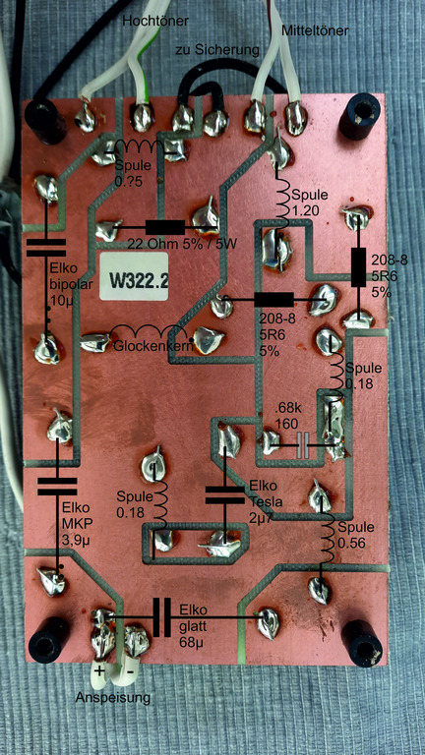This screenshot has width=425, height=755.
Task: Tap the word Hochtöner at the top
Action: point(154,21)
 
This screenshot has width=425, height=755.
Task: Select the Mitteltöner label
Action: point(314,31)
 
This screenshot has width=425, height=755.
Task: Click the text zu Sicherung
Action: point(217,49)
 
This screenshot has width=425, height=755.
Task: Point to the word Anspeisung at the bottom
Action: point(112,697)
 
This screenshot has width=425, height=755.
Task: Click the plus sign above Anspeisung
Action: point(98,670)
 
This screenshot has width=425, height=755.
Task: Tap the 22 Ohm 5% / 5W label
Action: point(182,244)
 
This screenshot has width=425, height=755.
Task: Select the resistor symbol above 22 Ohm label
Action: point(165,227)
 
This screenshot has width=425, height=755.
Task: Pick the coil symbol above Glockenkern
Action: point(149,332)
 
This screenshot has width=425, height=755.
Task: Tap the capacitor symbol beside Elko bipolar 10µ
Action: point(46,248)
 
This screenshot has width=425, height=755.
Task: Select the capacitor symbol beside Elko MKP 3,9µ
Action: point(58,487)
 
